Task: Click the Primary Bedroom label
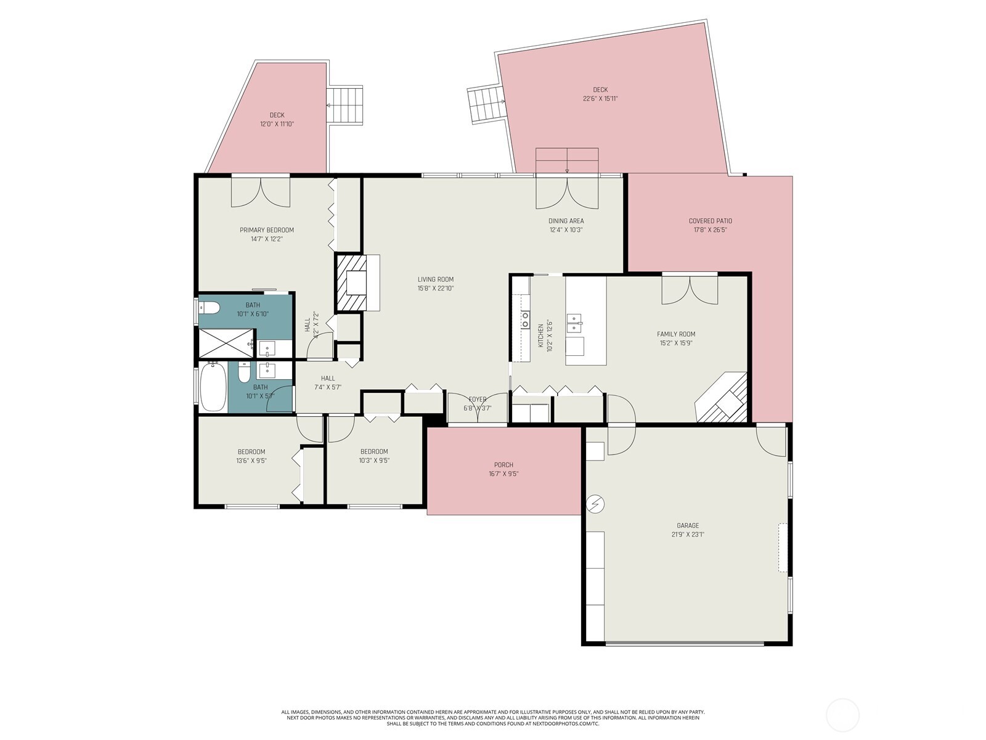click(266, 230)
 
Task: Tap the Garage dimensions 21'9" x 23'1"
click(688, 535)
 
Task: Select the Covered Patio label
click(710, 221)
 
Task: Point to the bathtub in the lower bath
click(213, 387)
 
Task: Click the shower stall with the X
click(225, 343)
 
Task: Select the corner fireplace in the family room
click(723, 398)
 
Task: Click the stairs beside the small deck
click(345, 105)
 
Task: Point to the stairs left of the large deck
click(486, 103)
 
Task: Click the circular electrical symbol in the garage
click(595, 504)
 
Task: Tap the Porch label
click(503, 465)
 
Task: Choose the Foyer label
click(478, 400)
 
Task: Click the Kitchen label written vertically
click(541, 336)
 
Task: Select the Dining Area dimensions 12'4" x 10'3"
click(566, 229)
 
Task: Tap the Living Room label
click(435, 279)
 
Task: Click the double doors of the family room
click(690, 289)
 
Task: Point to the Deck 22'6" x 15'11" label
click(600, 90)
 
